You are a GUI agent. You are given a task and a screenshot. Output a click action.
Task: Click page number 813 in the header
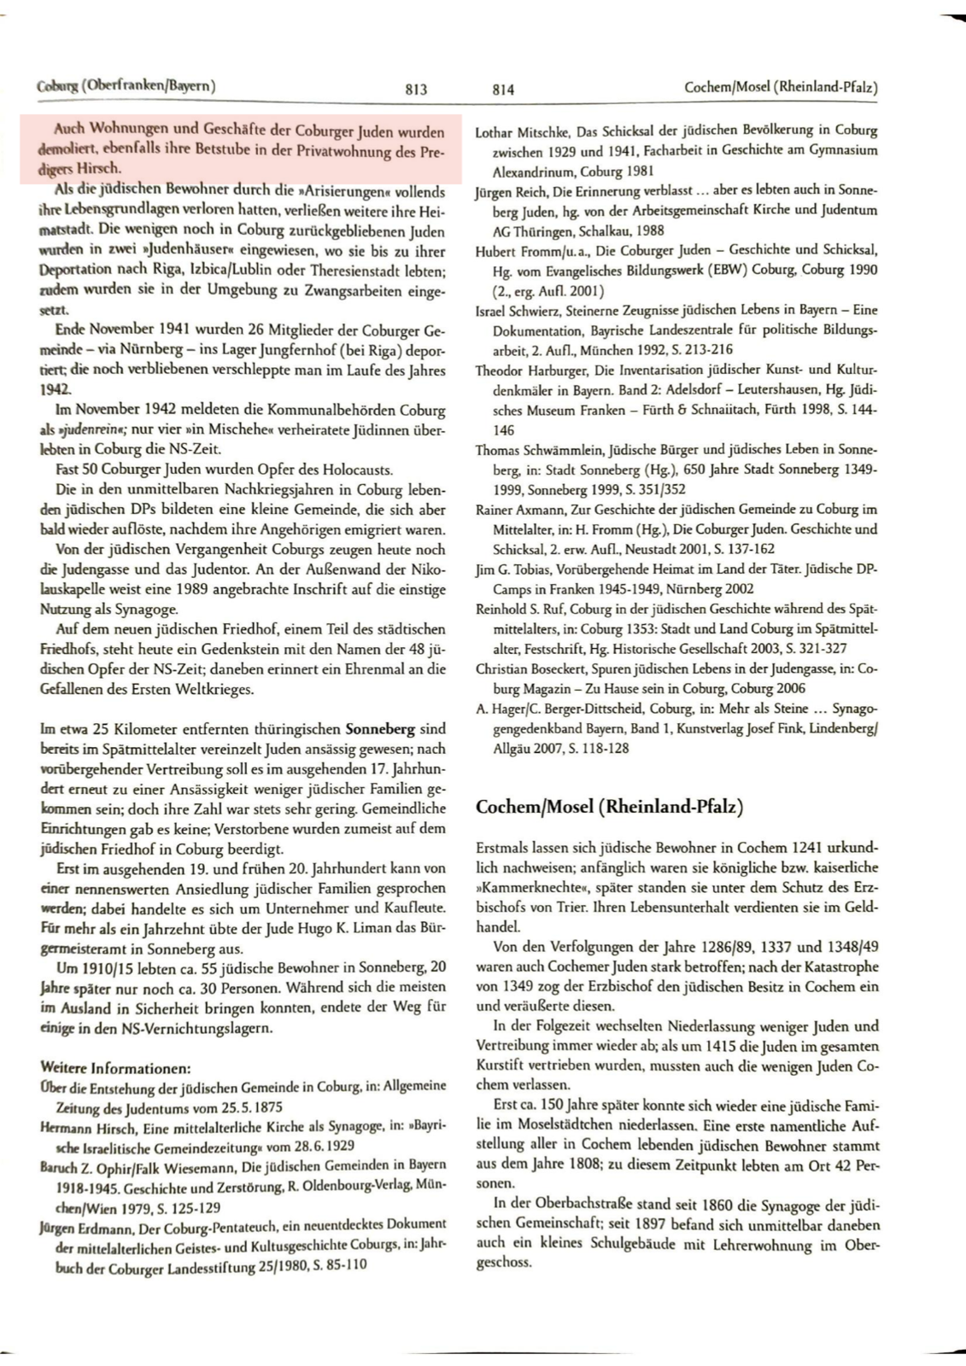tap(415, 89)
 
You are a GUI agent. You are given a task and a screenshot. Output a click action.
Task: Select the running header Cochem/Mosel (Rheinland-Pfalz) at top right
tap(782, 87)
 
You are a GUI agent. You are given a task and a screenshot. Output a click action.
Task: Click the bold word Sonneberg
tap(380, 730)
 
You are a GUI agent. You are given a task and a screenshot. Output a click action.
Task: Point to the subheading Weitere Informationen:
tap(115, 1068)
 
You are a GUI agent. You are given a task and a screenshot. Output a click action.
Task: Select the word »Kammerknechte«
tap(520, 888)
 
